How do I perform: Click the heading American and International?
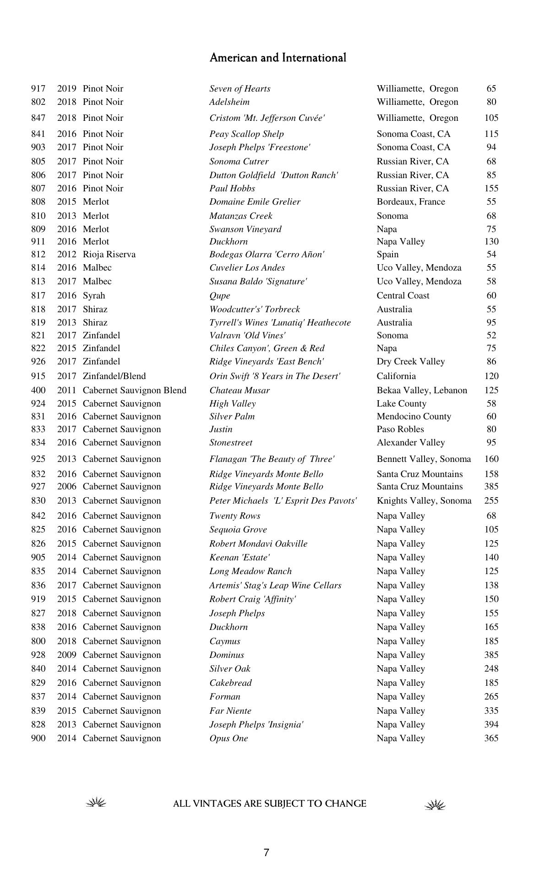(x=278, y=58)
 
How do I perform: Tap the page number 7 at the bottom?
(x=267, y=852)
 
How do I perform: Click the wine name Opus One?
(x=229, y=738)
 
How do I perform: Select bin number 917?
(x=38, y=88)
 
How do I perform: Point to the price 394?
(x=491, y=724)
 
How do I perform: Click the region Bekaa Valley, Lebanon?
(x=422, y=390)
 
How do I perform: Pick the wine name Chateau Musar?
(x=240, y=390)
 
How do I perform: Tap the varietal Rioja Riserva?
(x=109, y=254)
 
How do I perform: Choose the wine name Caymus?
(x=225, y=641)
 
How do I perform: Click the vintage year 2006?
(x=66, y=486)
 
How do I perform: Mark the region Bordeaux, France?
(x=411, y=201)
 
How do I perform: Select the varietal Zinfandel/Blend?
(x=114, y=376)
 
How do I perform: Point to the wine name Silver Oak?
(x=230, y=668)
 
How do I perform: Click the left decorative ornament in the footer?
(x=96, y=803)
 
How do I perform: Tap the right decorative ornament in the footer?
(x=435, y=804)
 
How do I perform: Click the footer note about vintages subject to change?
(x=269, y=803)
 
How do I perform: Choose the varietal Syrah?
(x=94, y=295)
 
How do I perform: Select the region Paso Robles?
(x=400, y=429)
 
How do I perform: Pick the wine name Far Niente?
(x=230, y=711)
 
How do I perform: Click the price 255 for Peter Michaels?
(x=491, y=500)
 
